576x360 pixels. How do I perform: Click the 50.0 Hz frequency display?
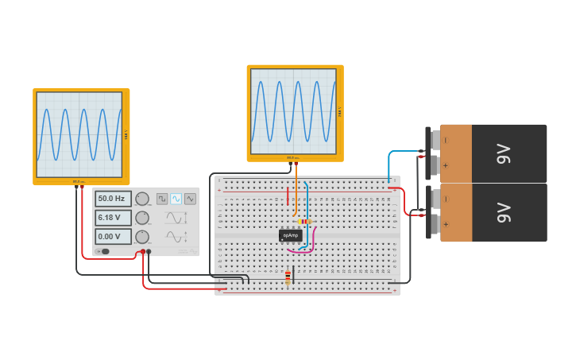[x=112, y=199]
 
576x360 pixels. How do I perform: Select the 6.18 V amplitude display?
[x=112, y=218]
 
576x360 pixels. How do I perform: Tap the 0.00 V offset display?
[x=112, y=237]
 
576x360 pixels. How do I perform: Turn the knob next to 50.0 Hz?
[x=142, y=199]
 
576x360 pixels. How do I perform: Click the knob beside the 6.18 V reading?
[x=142, y=218]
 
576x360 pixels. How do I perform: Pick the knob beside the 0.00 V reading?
[x=142, y=237]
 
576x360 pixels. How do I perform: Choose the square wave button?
[x=161, y=199]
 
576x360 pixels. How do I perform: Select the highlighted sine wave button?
[x=176, y=199]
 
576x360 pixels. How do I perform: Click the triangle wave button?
[x=190, y=199]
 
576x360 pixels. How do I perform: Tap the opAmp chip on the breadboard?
[x=290, y=235]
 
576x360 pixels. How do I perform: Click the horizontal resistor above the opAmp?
[x=304, y=222]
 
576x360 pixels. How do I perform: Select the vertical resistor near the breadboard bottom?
[x=288, y=277]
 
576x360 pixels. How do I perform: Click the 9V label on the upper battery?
[x=503, y=154]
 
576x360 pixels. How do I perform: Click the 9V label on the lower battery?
[x=503, y=213]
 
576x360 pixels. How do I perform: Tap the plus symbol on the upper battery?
[x=446, y=166]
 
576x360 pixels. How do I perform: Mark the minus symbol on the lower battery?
[x=446, y=199]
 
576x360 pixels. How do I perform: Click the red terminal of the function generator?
[x=143, y=252]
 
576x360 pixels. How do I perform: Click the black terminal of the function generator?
[x=149, y=252]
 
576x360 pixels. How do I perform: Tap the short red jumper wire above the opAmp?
[x=288, y=195]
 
